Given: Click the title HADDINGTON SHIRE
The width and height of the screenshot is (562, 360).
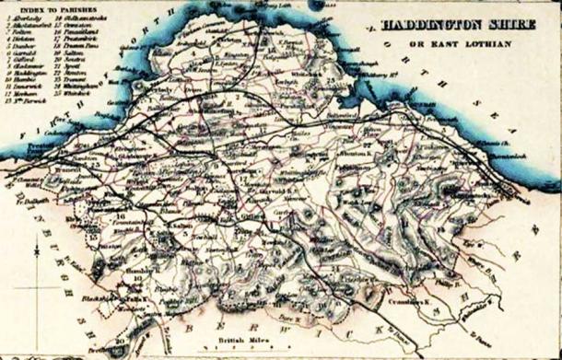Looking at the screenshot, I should tap(449, 27).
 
